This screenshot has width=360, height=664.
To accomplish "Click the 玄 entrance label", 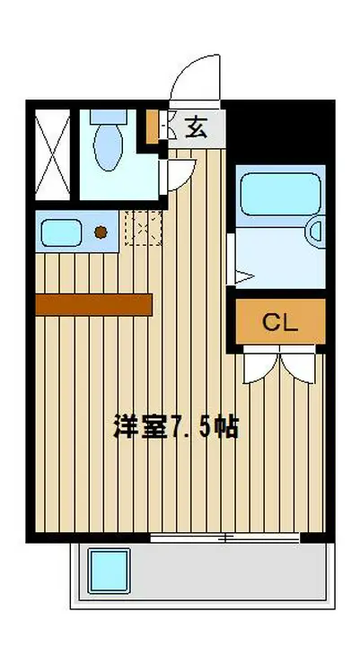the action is [196, 127].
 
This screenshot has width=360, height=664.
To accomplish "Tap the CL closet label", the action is [280, 324].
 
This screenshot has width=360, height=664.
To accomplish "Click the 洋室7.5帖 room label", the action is [176, 427].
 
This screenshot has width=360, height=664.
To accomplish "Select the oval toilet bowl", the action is [108, 147].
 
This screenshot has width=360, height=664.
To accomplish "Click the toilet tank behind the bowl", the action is [109, 117].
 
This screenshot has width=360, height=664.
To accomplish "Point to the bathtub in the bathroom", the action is [280, 194].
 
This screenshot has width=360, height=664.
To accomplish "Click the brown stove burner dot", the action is [101, 232].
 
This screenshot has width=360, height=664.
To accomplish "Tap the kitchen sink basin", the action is [61, 232].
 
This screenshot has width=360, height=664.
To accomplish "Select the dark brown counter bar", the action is [93, 305].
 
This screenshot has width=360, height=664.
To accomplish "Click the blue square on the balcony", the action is [109, 571].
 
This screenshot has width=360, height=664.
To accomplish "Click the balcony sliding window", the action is [225, 537].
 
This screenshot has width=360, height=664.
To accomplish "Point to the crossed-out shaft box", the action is [52, 154].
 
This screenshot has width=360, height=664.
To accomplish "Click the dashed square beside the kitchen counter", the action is [144, 227].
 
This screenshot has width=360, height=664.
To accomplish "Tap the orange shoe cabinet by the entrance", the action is [152, 127].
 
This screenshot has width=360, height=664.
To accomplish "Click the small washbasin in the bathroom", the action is [318, 232].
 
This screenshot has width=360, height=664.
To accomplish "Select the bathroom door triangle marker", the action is [244, 277].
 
